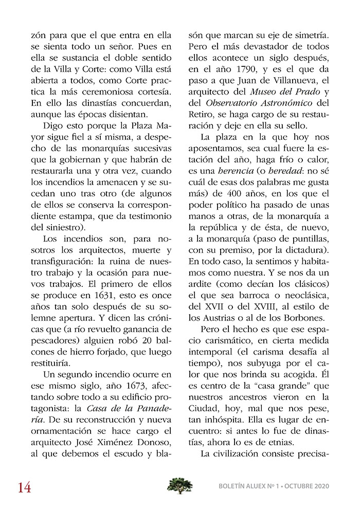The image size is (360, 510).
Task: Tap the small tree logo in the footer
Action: tap(180, 485)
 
